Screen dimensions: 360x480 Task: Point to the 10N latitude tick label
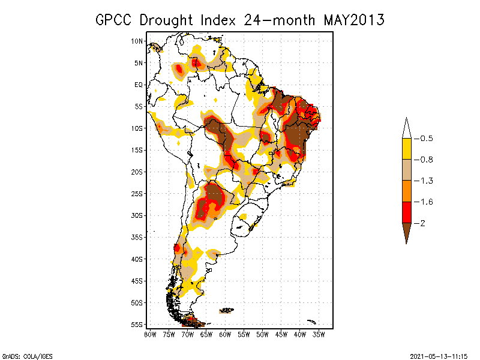click(x=137, y=41)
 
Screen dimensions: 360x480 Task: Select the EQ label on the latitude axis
click(x=139, y=85)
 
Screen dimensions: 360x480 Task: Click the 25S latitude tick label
click(x=137, y=194)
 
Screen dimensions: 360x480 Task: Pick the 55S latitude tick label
click(x=137, y=325)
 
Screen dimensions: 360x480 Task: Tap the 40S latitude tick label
click(x=137, y=259)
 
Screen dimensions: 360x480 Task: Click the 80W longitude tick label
click(x=150, y=334)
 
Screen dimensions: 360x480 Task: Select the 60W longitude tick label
click(x=225, y=334)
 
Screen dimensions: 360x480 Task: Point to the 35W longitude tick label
click(x=319, y=334)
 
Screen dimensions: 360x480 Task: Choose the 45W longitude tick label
click(x=281, y=334)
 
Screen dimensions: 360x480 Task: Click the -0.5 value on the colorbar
click(x=424, y=139)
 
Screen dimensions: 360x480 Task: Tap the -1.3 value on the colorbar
click(x=424, y=181)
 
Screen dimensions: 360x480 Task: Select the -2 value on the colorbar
click(x=421, y=223)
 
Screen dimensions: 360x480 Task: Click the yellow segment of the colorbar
click(x=406, y=149)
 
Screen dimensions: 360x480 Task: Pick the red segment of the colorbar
click(x=406, y=212)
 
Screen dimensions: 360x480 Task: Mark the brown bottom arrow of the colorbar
click(x=406, y=232)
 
